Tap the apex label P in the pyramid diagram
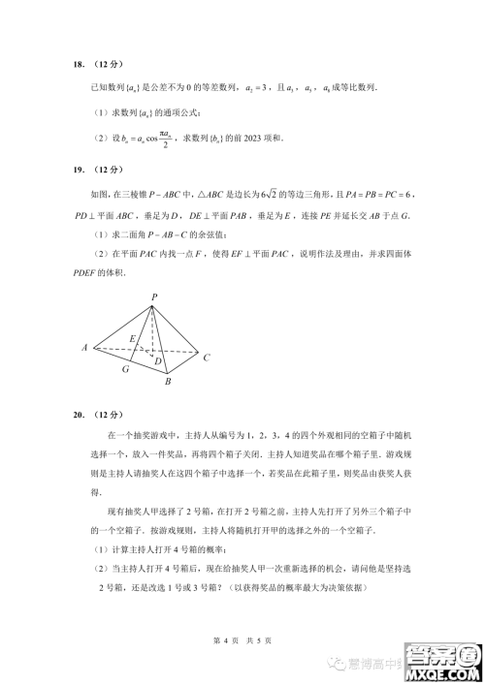[153, 296]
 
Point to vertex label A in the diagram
[86, 346]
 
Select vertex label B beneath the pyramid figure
[168, 382]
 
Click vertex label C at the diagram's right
[207, 358]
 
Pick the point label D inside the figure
[157, 360]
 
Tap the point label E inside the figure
[132, 339]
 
